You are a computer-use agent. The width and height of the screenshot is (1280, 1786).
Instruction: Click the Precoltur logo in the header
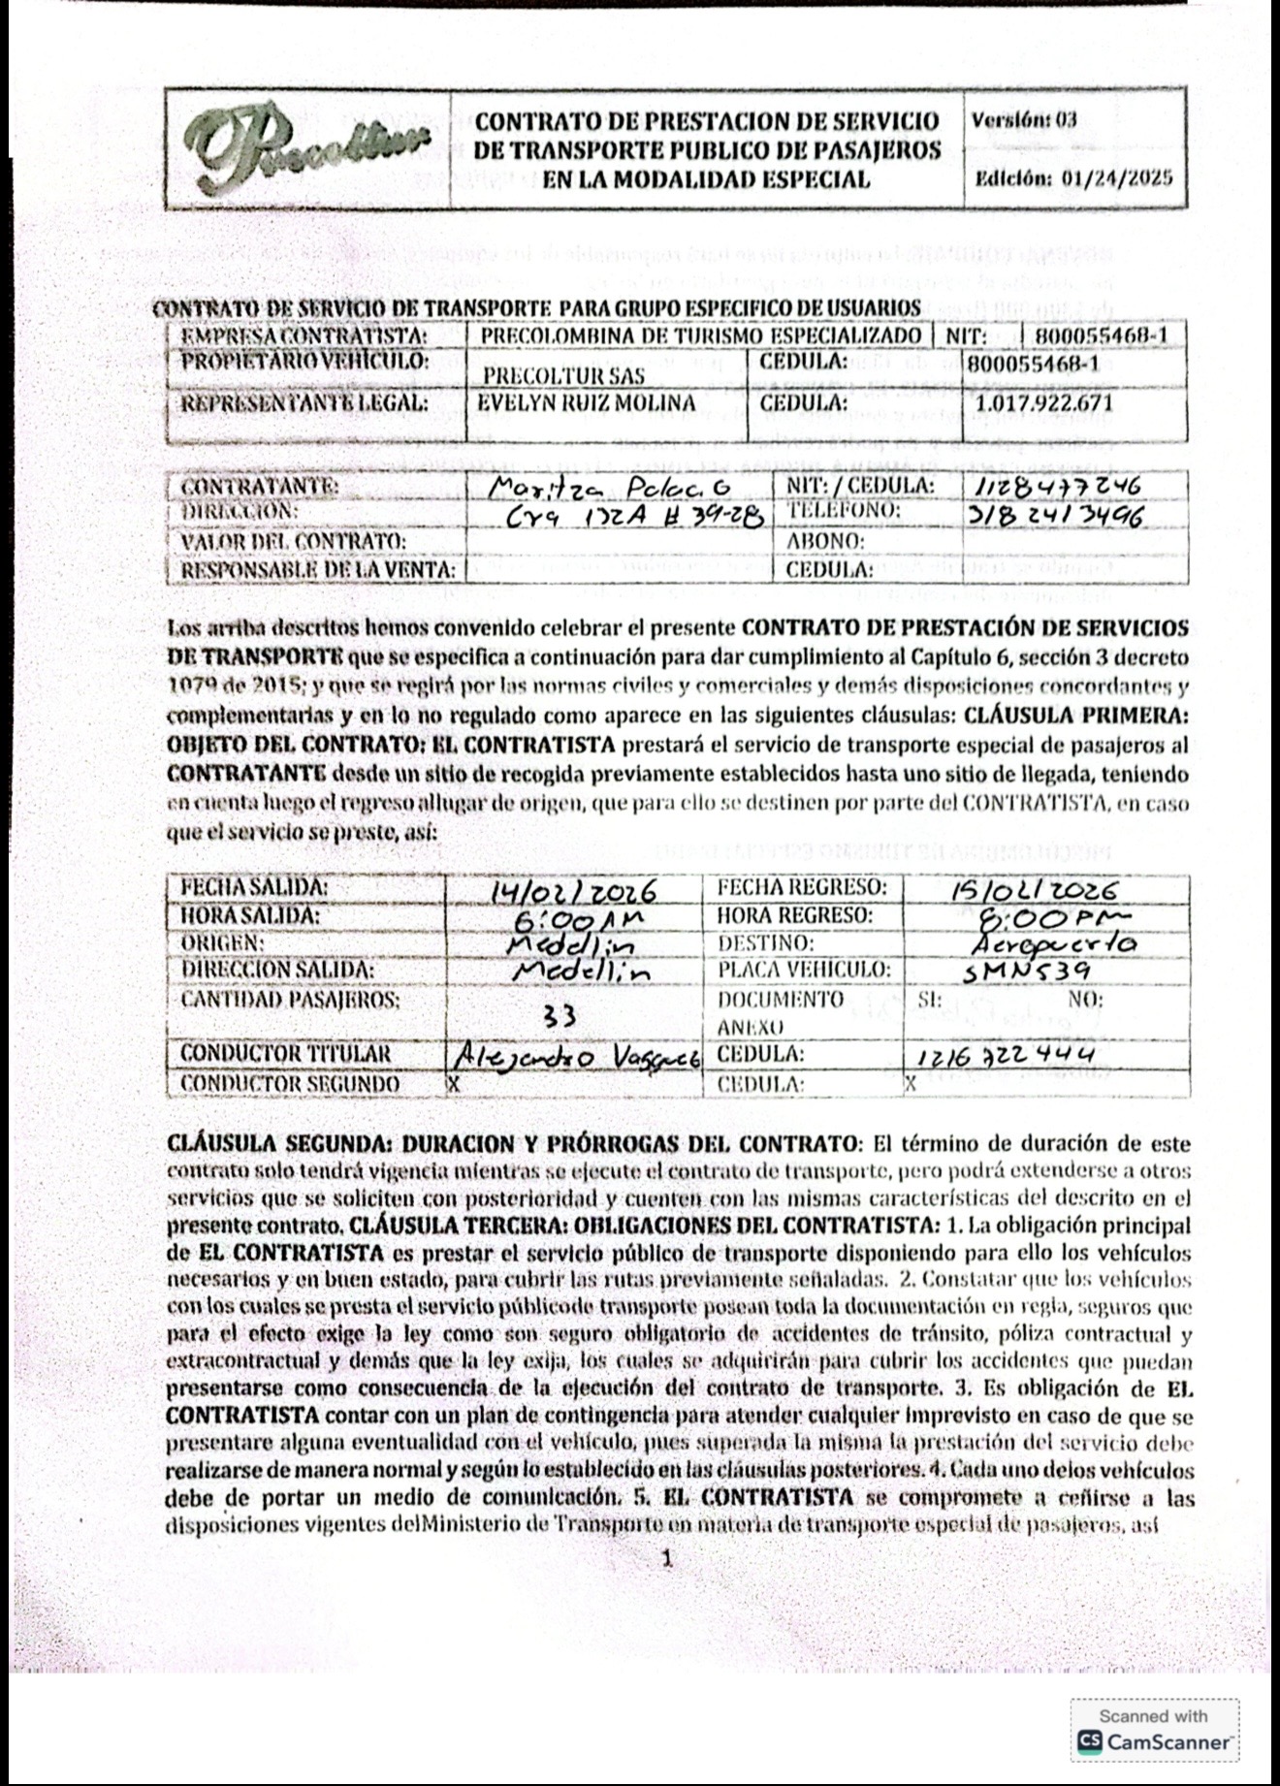pyautogui.click(x=305, y=148)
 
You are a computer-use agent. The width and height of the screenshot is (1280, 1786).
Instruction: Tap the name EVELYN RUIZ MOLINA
pyautogui.click(x=587, y=403)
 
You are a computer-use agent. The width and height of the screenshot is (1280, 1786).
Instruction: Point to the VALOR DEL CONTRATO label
pyautogui.click(x=292, y=541)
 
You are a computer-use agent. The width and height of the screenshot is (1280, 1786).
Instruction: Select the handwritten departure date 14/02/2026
pyautogui.click(x=574, y=890)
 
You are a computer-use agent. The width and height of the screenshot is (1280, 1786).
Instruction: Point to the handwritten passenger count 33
pyautogui.click(x=560, y=1015)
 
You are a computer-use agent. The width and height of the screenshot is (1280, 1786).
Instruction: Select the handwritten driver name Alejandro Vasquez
pyautogui.click(x=577, y=1058)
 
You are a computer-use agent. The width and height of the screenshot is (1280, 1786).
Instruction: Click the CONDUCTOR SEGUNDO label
pyautogui.click(x=289, y=1083)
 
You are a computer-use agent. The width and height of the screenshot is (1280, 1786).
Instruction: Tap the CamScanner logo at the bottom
pyautogui.click(x=1154, y=1742)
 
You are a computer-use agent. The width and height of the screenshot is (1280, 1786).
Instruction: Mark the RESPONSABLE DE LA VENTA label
pyautogui.click(x=317, y=570)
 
